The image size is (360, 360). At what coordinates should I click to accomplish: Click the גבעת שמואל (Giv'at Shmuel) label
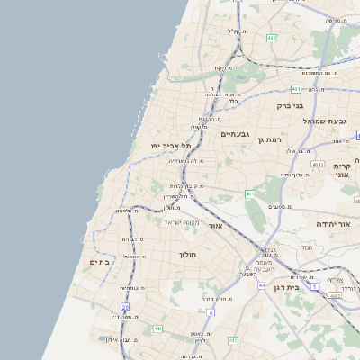[324, 121]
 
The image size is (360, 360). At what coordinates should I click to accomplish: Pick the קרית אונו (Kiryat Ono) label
[342, 171]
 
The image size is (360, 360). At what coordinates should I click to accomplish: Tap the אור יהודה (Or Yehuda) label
[338, 223]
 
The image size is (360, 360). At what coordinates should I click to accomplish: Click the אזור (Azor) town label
[215, 225]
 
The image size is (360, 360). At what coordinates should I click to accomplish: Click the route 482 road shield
[272, 38]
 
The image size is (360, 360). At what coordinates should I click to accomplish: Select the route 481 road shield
[296, 89]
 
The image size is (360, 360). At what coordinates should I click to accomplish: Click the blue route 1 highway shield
[315, 285]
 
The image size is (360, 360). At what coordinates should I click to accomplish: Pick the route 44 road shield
[261, 285]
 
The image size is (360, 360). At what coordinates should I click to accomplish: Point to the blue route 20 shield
[125, 307]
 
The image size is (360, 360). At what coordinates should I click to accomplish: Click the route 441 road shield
[158, 329]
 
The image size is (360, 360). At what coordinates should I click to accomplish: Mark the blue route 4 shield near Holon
[211, 312]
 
